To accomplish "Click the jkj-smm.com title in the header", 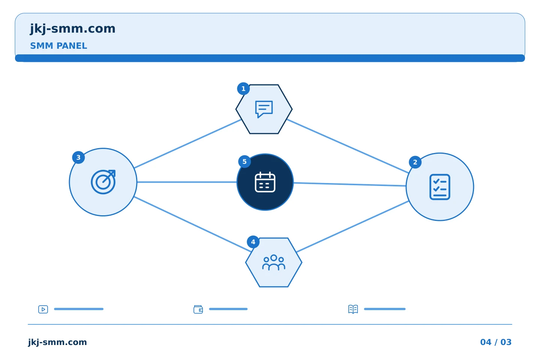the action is [73, 29].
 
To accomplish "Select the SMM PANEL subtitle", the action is [58, 46].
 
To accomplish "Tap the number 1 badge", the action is [243, 89].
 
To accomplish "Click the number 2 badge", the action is [415, 162].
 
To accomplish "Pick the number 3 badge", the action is [78, 157].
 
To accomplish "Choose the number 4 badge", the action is [253, 242].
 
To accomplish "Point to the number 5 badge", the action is [244, 162].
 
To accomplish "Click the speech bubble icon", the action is [264, 109].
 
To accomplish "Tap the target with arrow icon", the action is [103, 182].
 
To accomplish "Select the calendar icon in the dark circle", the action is [265, 182].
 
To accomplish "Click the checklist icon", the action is [440, 187].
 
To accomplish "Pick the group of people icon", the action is [274, 262].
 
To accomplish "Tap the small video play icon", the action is [43, 309].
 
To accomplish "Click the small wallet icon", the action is [198, 309].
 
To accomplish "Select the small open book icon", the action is [353, 309].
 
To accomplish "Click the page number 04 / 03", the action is [496, 342].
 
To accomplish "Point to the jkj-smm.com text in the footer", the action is [57, 342].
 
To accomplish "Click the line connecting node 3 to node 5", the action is [187, 182].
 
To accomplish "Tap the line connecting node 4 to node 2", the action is [352, 226].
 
